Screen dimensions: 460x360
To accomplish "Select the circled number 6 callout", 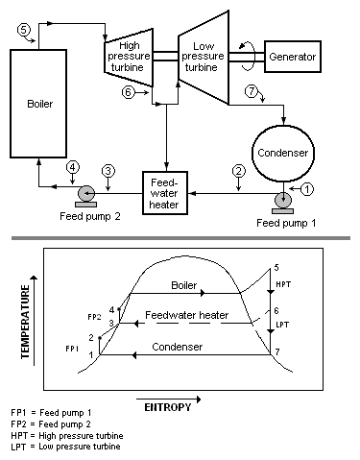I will pos(129,92).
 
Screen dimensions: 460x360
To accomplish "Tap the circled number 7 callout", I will pos(252,92).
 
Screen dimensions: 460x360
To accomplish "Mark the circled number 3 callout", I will pos(108,170).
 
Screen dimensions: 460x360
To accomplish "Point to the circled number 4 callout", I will pos(72,166).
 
